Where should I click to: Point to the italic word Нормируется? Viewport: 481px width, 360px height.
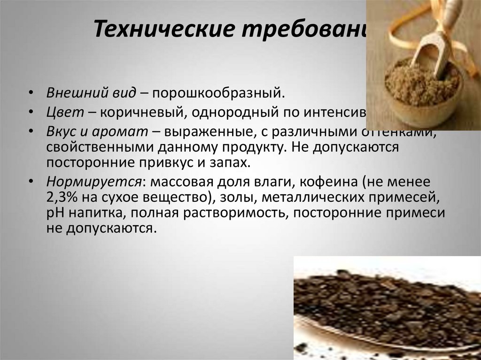pos(94,181)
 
